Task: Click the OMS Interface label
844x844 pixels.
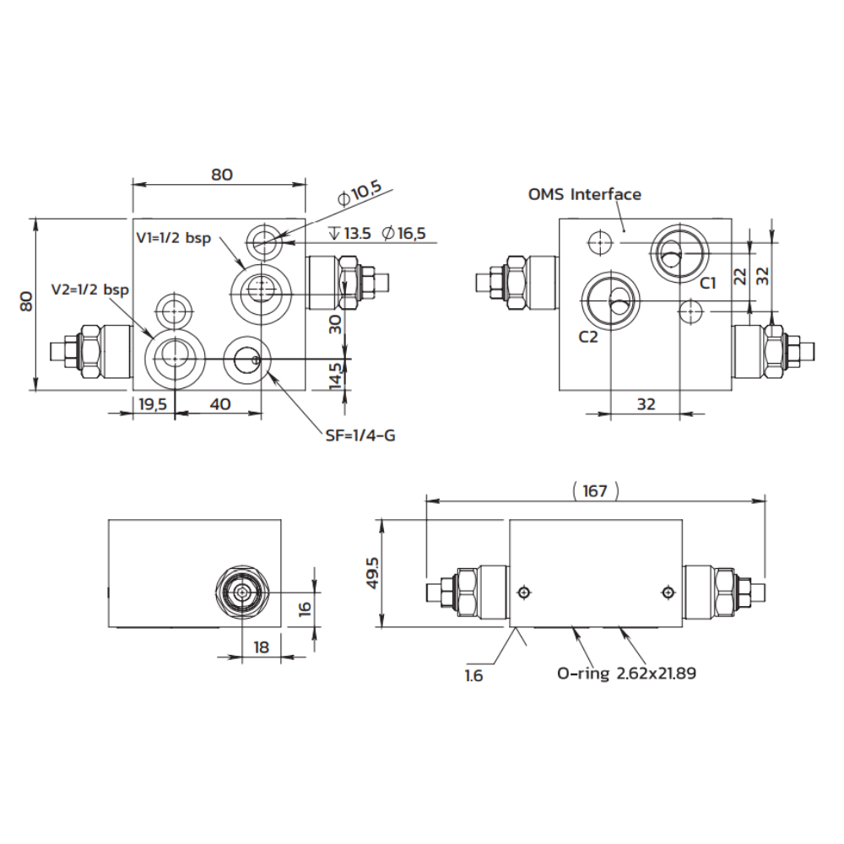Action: pos(584,194)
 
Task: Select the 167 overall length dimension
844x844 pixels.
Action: pos(595,490)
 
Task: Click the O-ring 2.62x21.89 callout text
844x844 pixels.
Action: pos(626,674)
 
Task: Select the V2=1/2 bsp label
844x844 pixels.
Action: pos(89,289)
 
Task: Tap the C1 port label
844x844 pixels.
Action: pos(707,283)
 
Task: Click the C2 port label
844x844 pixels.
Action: pos(588,337)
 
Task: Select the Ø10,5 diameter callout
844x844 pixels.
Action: pos(360,194)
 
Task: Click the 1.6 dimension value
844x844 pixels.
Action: pos(473,675)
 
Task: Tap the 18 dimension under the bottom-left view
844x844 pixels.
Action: pos(261,647)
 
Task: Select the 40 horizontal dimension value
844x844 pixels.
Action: pos(219,404)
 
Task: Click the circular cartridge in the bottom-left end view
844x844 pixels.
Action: pos(243,592)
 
